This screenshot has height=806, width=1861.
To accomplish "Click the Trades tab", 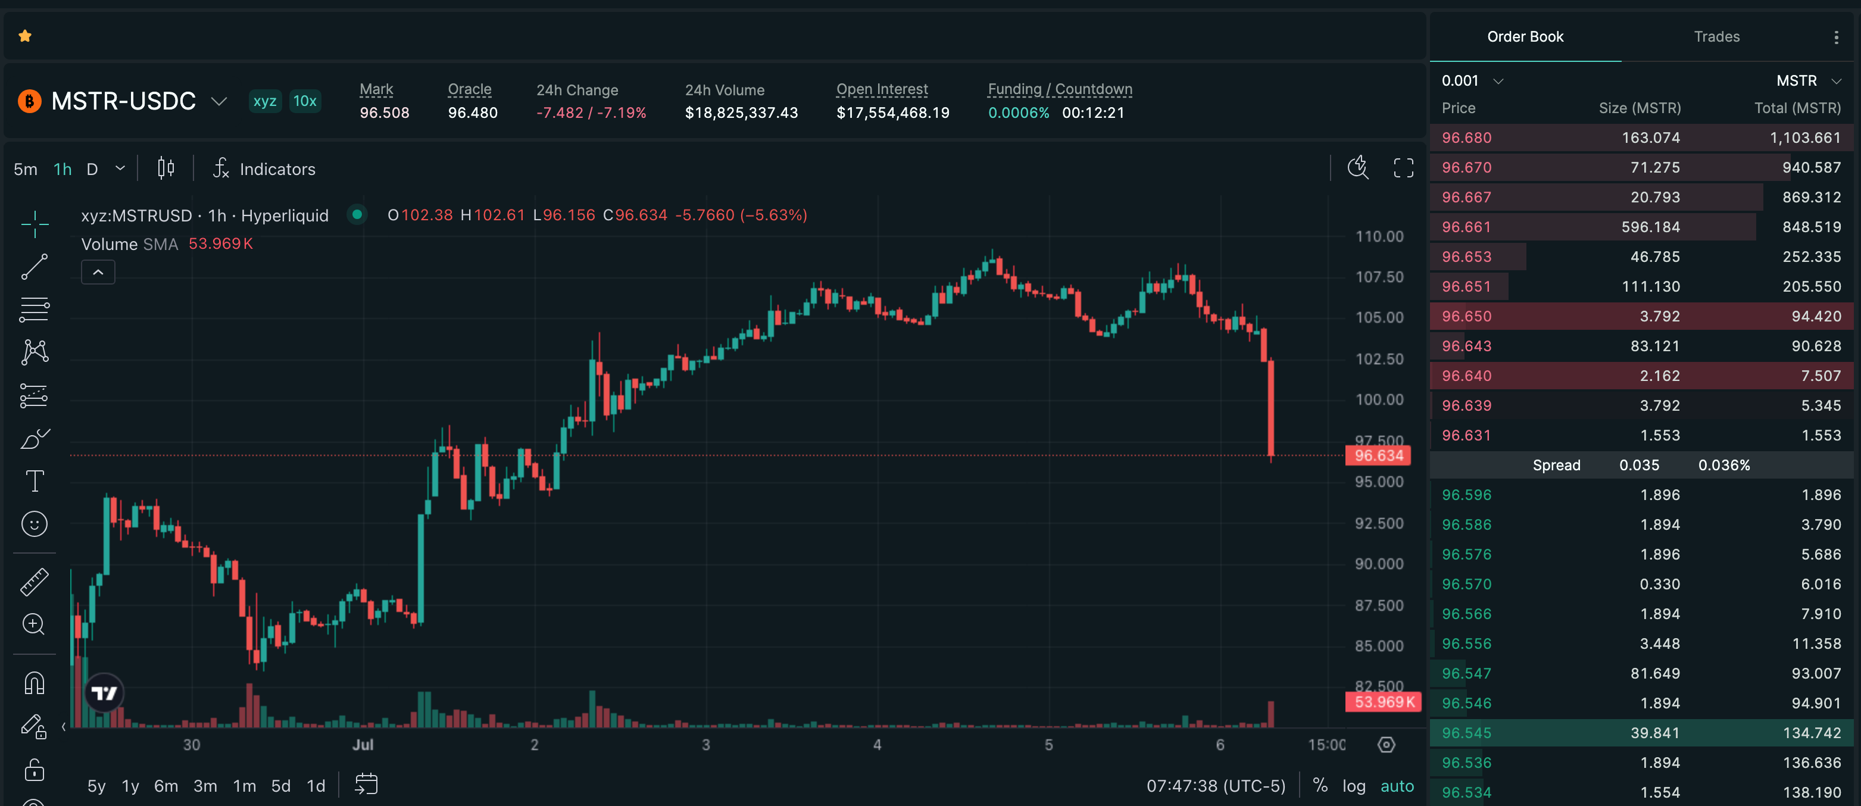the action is click(x=1716, y=36).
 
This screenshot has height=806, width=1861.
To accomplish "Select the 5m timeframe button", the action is click(x=25, y=169).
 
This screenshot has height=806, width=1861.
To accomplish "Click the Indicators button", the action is click(x=264, y=169).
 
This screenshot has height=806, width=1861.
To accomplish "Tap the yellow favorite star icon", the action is click(x=25, y=36).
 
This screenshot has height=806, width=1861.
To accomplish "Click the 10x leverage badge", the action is click(x=305, y=101).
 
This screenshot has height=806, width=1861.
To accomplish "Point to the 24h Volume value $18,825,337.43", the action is click(x=741, y=113).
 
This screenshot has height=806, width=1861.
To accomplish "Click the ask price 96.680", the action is click(x=1466, y=138).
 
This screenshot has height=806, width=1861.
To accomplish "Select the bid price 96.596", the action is click(x=1466, y=495).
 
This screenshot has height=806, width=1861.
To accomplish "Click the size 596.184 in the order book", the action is click(x=1651, y=227).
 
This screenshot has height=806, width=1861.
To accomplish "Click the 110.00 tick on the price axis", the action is click(x=1379, y=236).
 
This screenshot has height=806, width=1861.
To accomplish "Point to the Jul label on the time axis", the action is click(x=363, y=745).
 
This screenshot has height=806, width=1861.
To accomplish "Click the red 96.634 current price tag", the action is click(x=1378, y=456).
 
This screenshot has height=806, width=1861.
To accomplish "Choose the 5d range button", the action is click(x=280, y=786).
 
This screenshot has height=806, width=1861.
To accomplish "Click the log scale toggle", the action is click(x=1354, y=786).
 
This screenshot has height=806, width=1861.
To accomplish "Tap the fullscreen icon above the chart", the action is click(x=1404, y=168).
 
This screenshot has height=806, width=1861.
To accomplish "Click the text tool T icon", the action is click(x=35, y=481).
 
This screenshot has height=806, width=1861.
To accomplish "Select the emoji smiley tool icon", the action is click(x=35, y=524).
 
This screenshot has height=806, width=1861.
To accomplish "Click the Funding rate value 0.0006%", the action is click(x=1019, y=113).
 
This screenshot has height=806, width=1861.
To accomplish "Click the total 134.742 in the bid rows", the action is click(x=1812, y=733).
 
